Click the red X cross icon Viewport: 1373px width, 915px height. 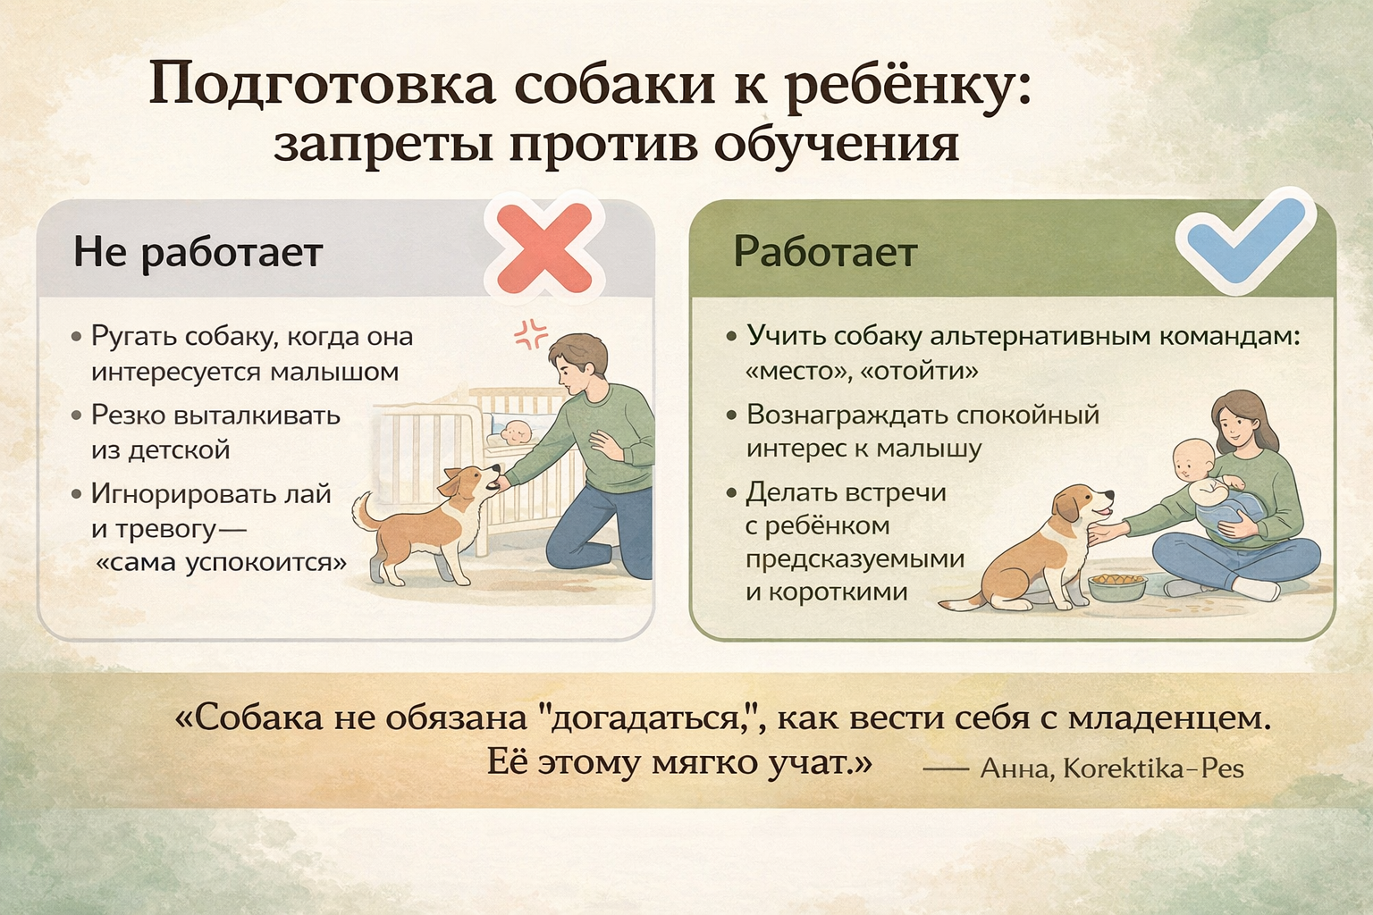(x=544, y=248)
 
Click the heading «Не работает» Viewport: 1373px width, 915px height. (x=198, y=252)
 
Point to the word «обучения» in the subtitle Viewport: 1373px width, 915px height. (x=836, y=147)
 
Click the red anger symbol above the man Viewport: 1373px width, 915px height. (x=530, y=333)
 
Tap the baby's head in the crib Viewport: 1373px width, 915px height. (x=517, y=432)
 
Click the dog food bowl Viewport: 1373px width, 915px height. (x=1116, y=587)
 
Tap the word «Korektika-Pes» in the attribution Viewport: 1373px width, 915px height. (x=1153, y=768)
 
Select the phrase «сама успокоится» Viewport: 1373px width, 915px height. (x=222, y=562)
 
